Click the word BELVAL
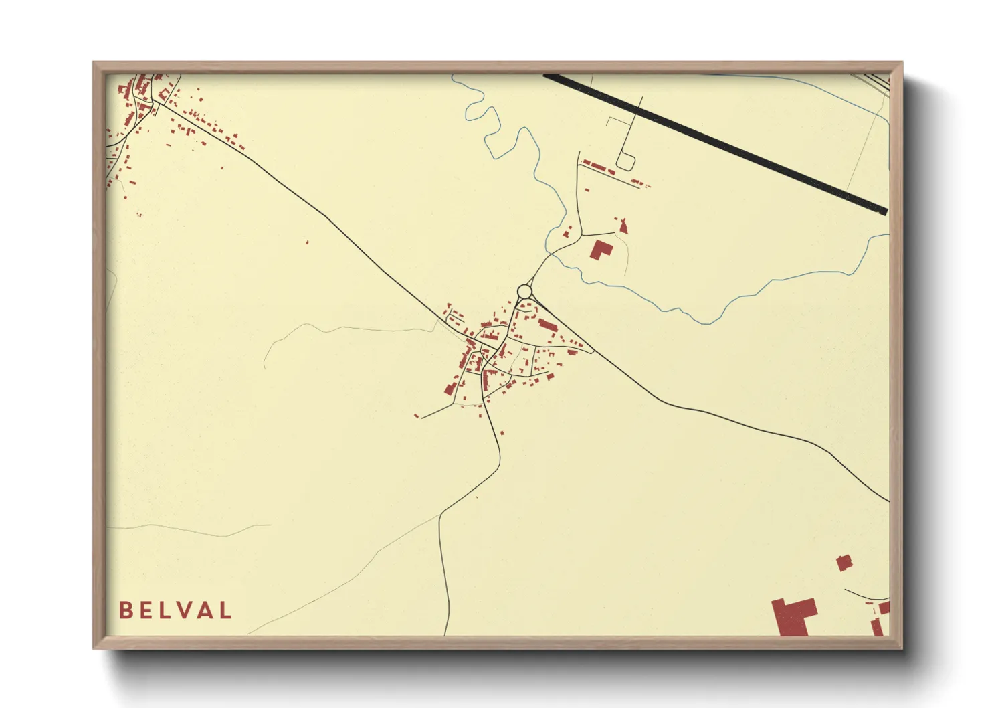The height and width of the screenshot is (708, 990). [x=175, y=610]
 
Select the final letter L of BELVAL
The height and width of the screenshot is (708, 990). [x=225, y=610]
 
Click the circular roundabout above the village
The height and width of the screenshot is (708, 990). [x=524, y=292]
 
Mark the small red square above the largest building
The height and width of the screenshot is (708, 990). [x=844, y=562]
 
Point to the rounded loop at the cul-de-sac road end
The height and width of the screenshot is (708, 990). [x=625, y=162]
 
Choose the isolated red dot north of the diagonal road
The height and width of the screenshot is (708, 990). [x=307, y=242]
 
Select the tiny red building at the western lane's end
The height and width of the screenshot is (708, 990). [x=417, y=416]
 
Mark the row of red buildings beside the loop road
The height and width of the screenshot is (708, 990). [x=599, y=167]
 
